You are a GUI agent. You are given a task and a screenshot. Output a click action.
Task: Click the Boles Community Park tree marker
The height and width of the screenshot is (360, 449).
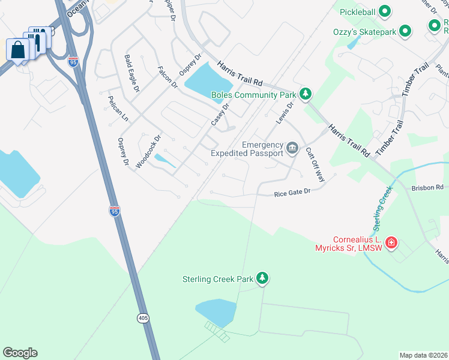pyautogui.click(x=306, y=94)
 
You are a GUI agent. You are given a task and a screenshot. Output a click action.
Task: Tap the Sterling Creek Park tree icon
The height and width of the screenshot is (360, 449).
pyautogui.click(x=262, y=278)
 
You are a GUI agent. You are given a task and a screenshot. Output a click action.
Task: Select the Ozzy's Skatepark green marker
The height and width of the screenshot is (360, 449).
pyautogui.click(x=405, y=31)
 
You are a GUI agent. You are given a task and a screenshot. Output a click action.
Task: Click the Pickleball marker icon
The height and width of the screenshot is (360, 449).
pyautogui.click(x=386, y=11)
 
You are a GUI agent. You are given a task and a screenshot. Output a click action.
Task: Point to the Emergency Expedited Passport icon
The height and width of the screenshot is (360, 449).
pyautogui.click(x=292, y=148)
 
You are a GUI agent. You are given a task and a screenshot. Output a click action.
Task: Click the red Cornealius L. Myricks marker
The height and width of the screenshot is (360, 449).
pyautogui.click(x=391, y=242)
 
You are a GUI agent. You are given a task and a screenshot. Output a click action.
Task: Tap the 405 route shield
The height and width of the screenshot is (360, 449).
pyautogui.click(x=142, y=318)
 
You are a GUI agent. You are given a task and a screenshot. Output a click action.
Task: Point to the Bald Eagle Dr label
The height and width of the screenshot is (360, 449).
pyautogui.click(x=131, y=73)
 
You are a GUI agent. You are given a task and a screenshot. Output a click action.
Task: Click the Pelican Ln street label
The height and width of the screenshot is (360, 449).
pyautogui.click(x=118, y=108)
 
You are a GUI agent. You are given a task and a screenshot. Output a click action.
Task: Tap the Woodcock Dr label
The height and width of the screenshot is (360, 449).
pyautogui.click(x=149, y=151)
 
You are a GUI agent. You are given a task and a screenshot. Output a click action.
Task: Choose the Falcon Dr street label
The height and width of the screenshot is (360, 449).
pyautogui.click(x=167, y=77)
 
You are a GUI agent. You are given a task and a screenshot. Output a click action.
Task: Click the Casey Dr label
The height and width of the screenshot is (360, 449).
pyautogui.click(x=220, y=115)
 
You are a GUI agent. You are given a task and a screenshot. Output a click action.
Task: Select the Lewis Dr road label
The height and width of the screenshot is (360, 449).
pyautogui.click(x=286, y=113)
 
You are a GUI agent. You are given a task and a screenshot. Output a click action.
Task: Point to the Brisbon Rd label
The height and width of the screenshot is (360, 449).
pyautogui.click(x=427, y=187)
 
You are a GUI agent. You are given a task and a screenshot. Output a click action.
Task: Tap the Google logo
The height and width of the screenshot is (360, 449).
pyautogui.click(x=20, y=353)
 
